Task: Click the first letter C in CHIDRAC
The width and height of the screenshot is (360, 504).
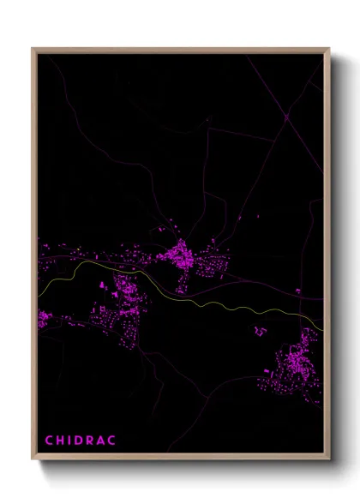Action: pyautogui.click(x=49, y=441)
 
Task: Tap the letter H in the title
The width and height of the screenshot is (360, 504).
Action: pyautogui.click(x=62, y=441)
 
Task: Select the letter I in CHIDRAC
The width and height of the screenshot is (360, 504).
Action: pyautogui.click(x=73, y=441)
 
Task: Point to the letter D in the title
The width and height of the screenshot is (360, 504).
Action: pyautogui.click(x=84, y=441)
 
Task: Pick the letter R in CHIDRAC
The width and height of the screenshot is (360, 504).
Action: pyautogui.click(x=98, y=441)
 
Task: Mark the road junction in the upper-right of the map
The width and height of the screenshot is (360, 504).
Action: pyautogui.click(x=285, y=116)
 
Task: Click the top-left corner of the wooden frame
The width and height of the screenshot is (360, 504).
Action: pyautogui.click(x=33, y=49)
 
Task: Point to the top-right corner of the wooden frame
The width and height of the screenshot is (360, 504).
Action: pyautogui.click(x=329, y=49)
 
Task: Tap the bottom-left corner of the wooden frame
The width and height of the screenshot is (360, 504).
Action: pyautogui.click(x=33, y=459)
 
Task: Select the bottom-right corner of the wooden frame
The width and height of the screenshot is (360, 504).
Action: pyautogui.click(x=329, y=459)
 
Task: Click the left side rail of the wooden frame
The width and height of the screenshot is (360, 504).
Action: pyautogui.click(x=34, y=257)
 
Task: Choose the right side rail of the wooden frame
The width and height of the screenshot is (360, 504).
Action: pyautogui.click(x=328, y=257)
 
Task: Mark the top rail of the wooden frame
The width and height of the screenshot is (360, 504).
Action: pyautogui.click(x=180, y=50)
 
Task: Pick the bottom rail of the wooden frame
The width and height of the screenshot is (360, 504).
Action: pyautogui.click(x=180, y=459)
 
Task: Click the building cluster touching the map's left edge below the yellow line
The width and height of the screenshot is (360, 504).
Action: pyautogui.click(x=43, y=321)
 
